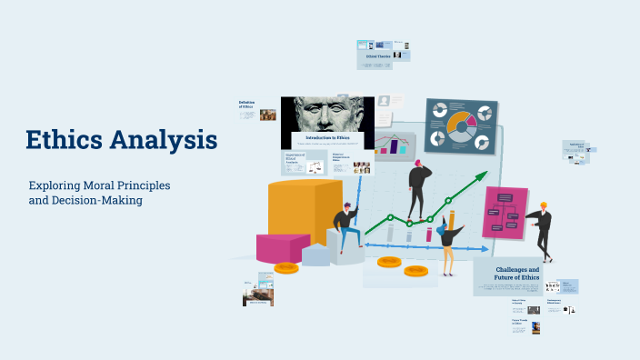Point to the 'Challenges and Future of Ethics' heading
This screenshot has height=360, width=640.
[x=516, y=274]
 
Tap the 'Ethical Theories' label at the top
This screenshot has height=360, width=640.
[x=379, y=56]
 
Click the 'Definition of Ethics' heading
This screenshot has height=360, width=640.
[x=246, y=105]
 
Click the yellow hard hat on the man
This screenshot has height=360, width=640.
[x=544, y=205]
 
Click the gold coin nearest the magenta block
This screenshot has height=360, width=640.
[x=286, y=267]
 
